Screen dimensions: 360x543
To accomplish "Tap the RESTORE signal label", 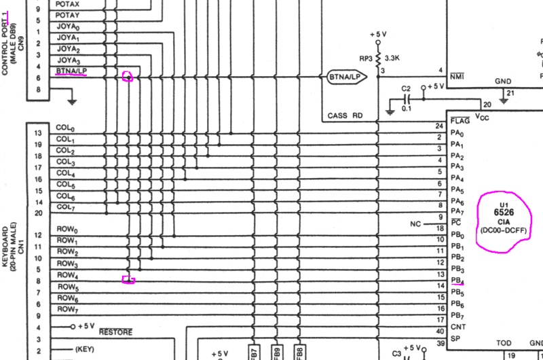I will click(115, 332).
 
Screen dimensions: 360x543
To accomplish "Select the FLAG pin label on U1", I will click(460, 121).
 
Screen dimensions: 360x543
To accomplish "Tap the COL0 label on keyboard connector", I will click(66, 128).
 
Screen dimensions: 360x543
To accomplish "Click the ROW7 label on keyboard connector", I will click(68, 310).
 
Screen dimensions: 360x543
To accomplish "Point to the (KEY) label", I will click(85, 349).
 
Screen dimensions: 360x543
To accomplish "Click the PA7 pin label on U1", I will click(458, 211).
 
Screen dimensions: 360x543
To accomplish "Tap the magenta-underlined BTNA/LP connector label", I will click(71, 71).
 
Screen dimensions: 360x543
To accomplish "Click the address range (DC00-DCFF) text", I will click(503, 231).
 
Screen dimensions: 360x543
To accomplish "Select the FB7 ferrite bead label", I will click(253, 352).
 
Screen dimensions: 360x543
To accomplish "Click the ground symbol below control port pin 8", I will click(72, 101).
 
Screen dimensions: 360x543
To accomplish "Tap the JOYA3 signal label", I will click(69, 60).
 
